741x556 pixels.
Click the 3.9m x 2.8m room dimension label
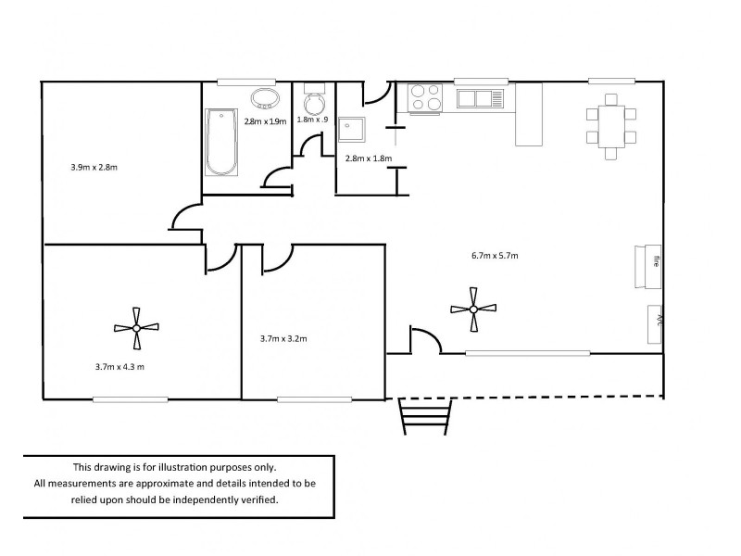(94, 167)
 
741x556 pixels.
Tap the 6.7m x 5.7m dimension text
(495, 256)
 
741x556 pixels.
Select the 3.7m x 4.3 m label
(119, 366)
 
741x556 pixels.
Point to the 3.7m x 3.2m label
(283, 338)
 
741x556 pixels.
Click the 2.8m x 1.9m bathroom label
(265, 121)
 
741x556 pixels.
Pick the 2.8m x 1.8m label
(369, 158)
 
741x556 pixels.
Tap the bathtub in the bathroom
(221, 143)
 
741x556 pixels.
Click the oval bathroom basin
(265, 99)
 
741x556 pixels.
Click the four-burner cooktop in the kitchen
(425, 98)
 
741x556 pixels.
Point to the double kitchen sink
(480, 99)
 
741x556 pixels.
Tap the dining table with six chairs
(611, 127)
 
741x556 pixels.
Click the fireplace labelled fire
(647, 267)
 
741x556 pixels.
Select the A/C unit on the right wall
(655, 324)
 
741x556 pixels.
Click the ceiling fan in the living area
(473, 310)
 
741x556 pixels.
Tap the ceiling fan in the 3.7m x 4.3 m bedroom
(136, 328)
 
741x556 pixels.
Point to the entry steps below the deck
(425, 416)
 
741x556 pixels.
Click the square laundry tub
(352, 129)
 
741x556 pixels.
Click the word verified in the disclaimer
(260, 499)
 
